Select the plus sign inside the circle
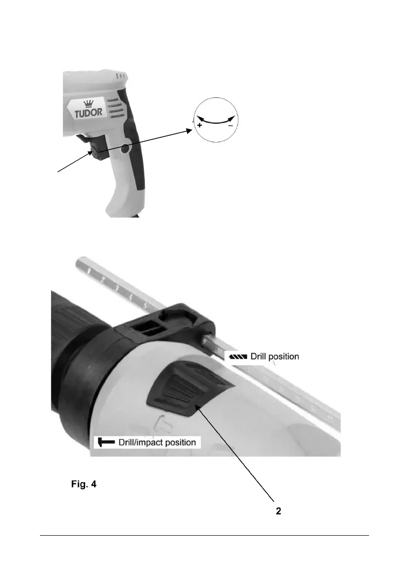pyautogui.click(x=200, y=125)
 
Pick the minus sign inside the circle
pyautogui.click(x=230, y=125)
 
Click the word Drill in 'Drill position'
pyautogui.click(x=260, y=356)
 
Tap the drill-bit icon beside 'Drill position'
pyautogui.click(x=236, y=356)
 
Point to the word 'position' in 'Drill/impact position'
pyautogui.click(x=176, y=442)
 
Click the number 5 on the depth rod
pyautogui.click(x=144, y=305)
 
